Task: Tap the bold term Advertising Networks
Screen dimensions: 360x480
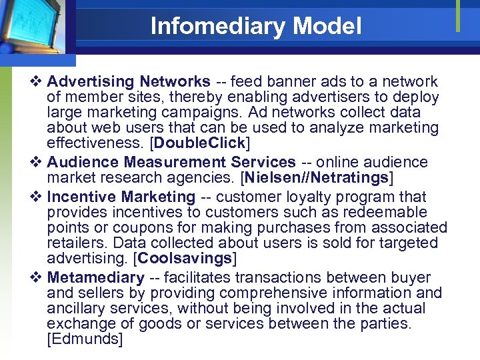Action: tap(129, 81)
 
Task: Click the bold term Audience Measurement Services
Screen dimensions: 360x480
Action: tap(171, 162)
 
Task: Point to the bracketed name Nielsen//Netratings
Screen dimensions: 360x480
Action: tap(317, 177)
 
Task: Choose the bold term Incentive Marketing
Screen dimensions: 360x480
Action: tap(121, 197)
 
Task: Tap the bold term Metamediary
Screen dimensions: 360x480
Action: tap(96, 277)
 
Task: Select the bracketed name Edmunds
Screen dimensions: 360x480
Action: tap(85, 339)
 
